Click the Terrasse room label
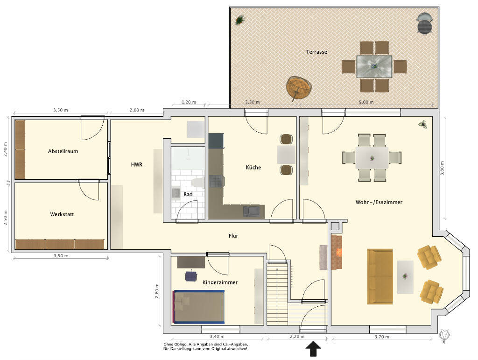tap(317, 52)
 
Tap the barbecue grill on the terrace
tap(424, 23)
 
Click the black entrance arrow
tap(313, 349)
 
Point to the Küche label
tap(253, 167)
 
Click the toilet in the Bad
tap(198, 183)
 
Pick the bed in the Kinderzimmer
tap(199, 307)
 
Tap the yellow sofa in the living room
tap(380, 276)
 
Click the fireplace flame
tap(339, 252)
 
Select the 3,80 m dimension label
tap(442, 168)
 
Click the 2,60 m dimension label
tap(157, 291)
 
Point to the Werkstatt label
tap(62, 214)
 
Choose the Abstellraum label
tap(63, 151)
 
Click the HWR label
tap(137, 165)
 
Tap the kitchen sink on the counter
tap(252, 211)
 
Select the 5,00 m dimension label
tap(366, 102)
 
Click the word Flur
tap(233, 236)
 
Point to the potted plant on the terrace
tap(240, 20)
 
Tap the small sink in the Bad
tap(176, 193)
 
